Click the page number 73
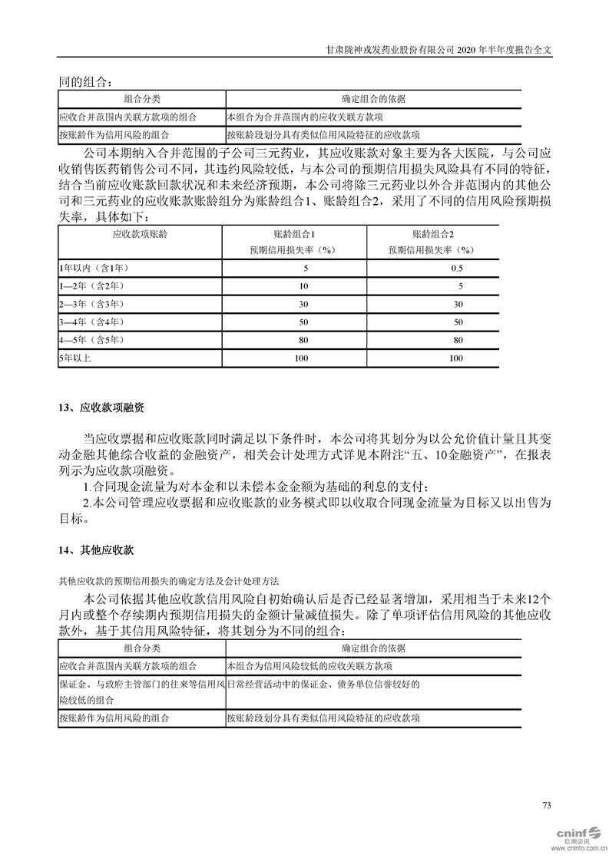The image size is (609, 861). (547, 805)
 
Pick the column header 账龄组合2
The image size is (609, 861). (433, 234)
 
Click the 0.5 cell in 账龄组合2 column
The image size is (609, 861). (457, 268)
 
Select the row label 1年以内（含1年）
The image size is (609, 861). (94, 268)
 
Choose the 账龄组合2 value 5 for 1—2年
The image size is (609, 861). (459, 285)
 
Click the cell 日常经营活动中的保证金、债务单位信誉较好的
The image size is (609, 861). (323, 684)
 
